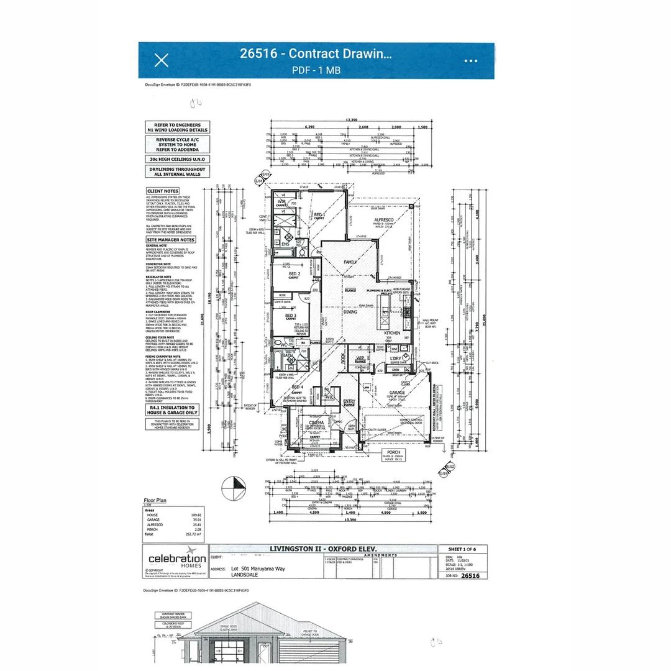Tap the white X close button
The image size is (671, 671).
[161, 60]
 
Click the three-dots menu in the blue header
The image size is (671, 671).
[471, 61]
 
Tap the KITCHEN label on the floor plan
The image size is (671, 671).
[393, 334]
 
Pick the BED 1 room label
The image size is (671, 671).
[319, 215]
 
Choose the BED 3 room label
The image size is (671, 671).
[291, 316]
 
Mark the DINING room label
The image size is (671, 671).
[351, 312]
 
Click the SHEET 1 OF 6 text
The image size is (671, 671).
[463, 549]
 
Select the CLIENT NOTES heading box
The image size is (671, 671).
[163, 191]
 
